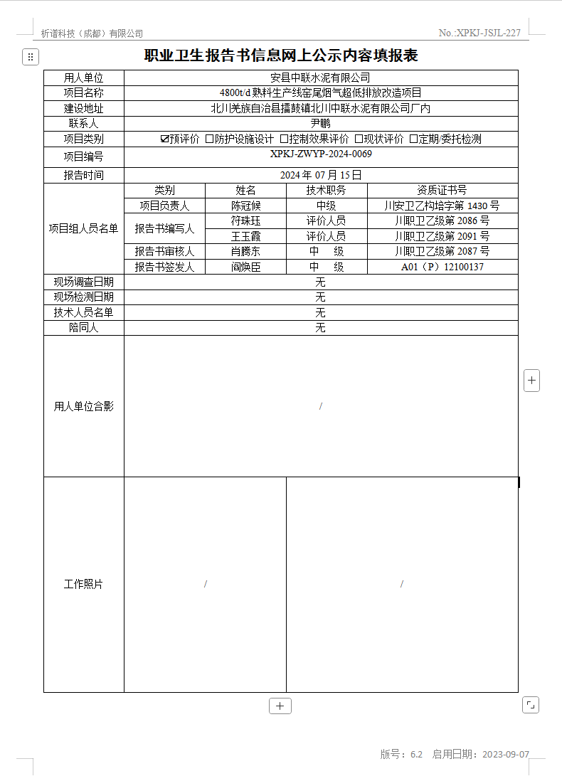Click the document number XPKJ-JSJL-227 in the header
coord(489,33)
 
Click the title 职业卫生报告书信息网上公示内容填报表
coord(280,56)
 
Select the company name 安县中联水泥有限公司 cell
coord(321,78)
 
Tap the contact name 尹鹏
coord(321,124)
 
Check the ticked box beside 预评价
coord(165,139)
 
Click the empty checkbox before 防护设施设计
coord(210,139)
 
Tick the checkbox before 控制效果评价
coord(284,139)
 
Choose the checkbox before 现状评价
coord(359,139)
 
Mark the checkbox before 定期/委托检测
coord(414,139)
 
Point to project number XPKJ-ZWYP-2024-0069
coord(321,154)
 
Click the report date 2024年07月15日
coord(321,175)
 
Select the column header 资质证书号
coord(442,190)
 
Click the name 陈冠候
coord(245,206)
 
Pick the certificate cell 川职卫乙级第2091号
coord(442,236)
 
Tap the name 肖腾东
coord(245,251)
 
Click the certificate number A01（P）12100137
coord(442,267)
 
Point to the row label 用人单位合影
coord(84,406)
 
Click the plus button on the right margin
coord(531,381)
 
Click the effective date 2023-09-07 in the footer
coord(506,754)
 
